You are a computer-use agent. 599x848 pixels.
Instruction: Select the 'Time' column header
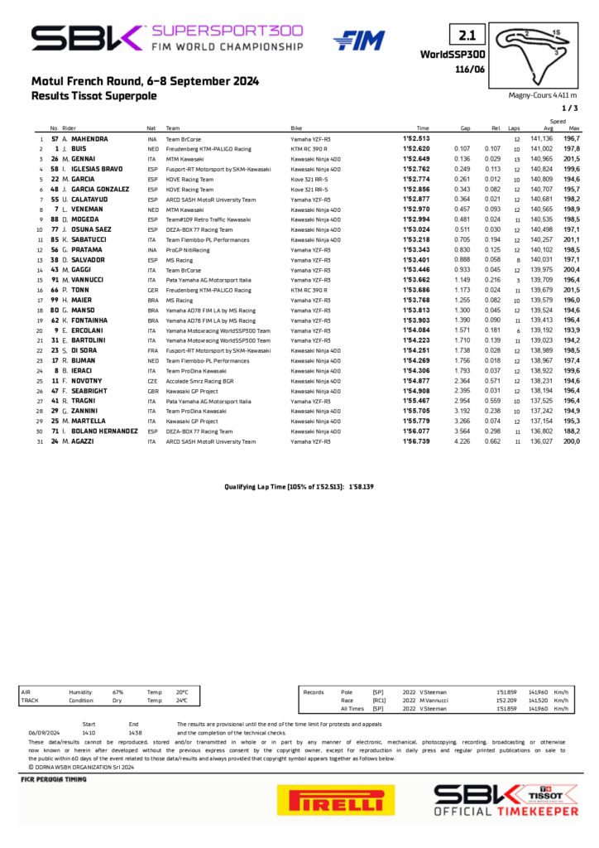click(x=423, y=128)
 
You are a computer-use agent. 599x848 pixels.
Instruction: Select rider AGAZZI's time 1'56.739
click(x=416, y=441)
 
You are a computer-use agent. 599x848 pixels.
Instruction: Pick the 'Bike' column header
click(x=296, y=128)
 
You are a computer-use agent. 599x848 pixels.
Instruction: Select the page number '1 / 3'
click(x=570, y=108)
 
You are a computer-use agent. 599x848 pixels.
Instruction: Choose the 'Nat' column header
click(x=151, y=128)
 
